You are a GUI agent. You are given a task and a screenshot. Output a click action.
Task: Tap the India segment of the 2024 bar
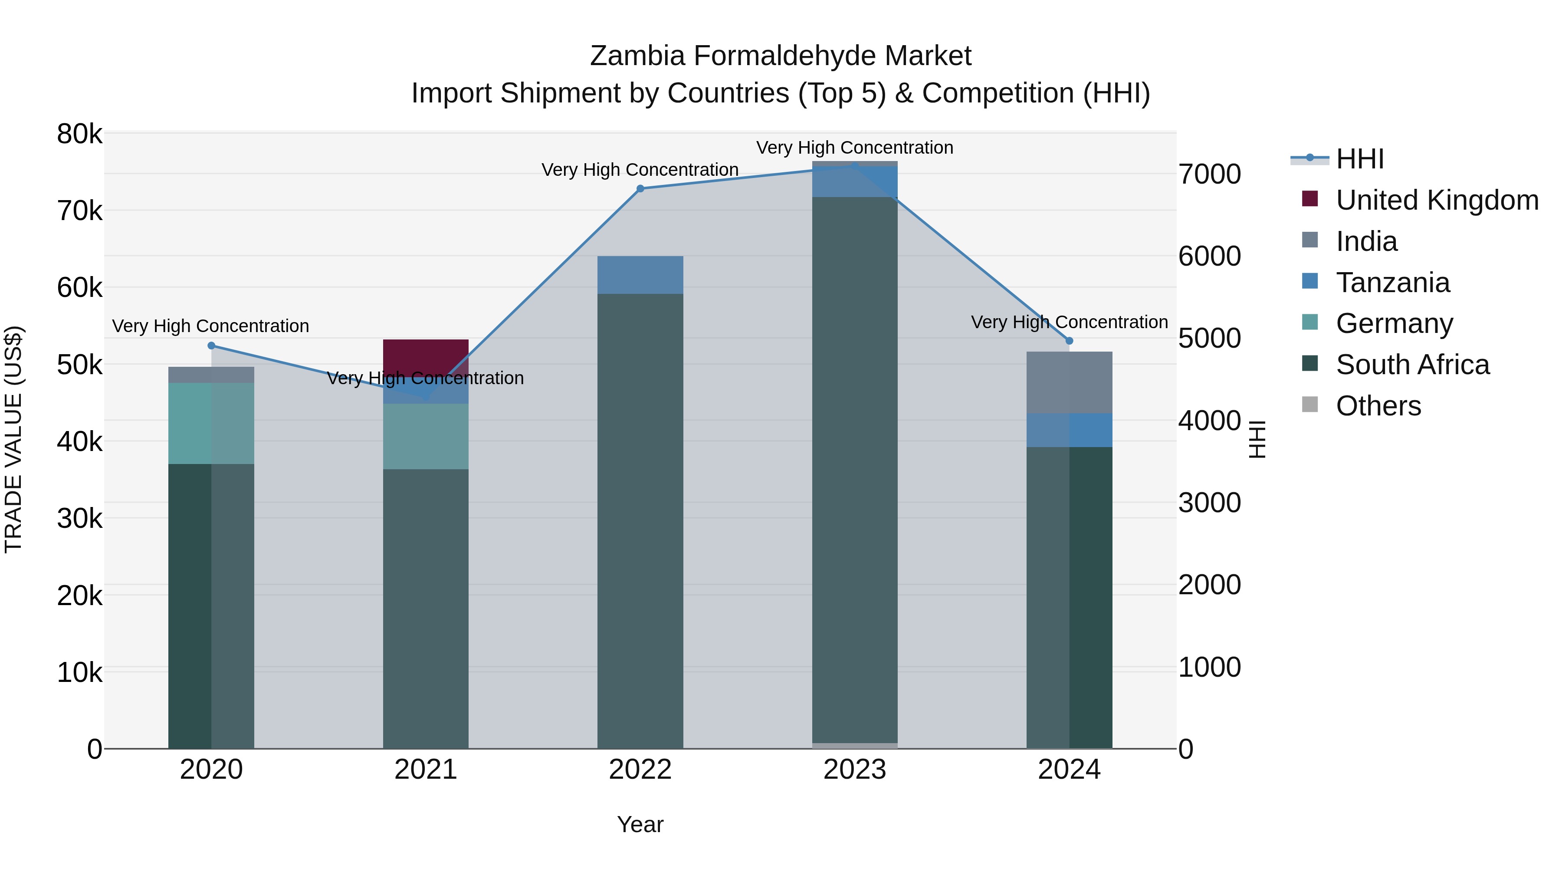[1069, 382]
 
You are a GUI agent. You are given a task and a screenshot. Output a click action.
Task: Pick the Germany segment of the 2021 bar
[426, 436]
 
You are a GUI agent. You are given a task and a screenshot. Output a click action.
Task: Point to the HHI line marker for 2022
[640, 189]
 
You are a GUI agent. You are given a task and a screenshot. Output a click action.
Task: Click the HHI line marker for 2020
[211, 346]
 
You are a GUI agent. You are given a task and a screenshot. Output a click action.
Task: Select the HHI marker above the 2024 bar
[1069, 341]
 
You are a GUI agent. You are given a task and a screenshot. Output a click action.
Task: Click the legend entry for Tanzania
[1392, 283]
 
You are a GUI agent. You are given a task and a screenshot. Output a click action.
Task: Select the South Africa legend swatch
[1310, 364]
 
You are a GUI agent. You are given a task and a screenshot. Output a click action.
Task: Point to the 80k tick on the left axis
[79, 134]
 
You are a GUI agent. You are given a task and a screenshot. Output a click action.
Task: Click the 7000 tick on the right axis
[1209, 174]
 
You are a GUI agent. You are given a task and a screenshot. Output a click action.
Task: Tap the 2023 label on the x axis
[854, 770]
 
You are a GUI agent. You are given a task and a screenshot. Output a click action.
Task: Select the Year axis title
[640, 824]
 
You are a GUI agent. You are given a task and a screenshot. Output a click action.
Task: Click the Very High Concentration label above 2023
[854, 148]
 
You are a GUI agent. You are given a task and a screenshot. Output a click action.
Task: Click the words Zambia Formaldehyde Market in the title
[781, 56]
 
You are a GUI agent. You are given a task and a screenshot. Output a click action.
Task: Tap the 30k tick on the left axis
[79, 519]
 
